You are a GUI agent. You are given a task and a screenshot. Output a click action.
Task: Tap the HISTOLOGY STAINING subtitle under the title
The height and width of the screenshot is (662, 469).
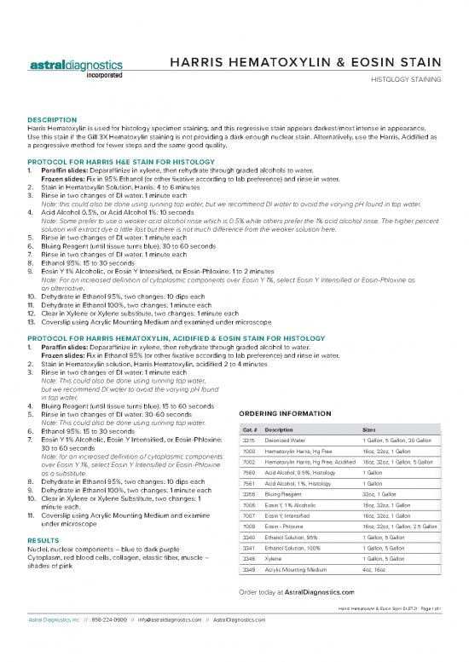pos(404,81)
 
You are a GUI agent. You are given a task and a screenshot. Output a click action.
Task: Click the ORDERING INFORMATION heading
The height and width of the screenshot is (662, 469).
pos(280,414)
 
